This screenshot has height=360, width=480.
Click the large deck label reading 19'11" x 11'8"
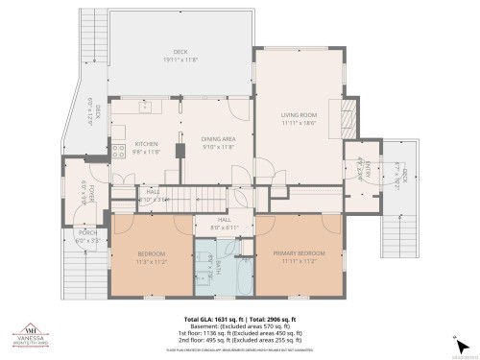click(179, 55)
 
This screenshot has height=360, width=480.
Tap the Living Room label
click(299, 119)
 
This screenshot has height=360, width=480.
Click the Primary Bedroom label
click(299, 256)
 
